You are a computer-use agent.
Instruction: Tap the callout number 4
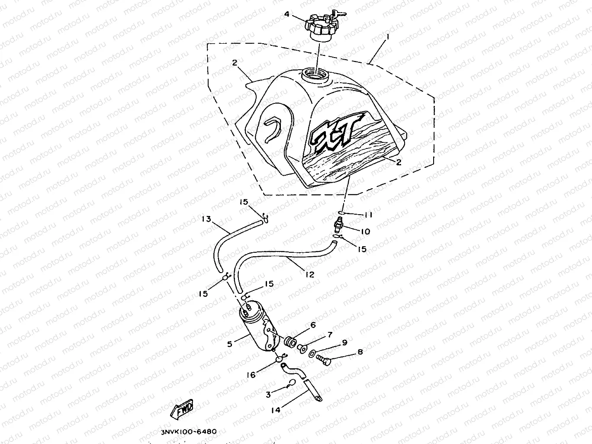pyautogui.click(x=286, y=14)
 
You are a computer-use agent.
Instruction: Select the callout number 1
pyautogui.click(x=388, y=37)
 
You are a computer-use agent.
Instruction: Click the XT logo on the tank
pyautogui.click(x=333, y=135)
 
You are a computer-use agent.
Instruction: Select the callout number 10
pyautogui.click(x=365, y=232)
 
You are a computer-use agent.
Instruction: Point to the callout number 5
pyautogui.click(x=230, y=344)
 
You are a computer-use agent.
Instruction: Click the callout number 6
pyautogui.click(x=312, y=325)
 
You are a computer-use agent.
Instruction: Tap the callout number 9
pyautogui.click(x=344, y=343)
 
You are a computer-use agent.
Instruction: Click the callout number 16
pyautogui.click(x=251, y=375)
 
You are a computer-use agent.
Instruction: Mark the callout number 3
pyautogui.click(x=268, y=395)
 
